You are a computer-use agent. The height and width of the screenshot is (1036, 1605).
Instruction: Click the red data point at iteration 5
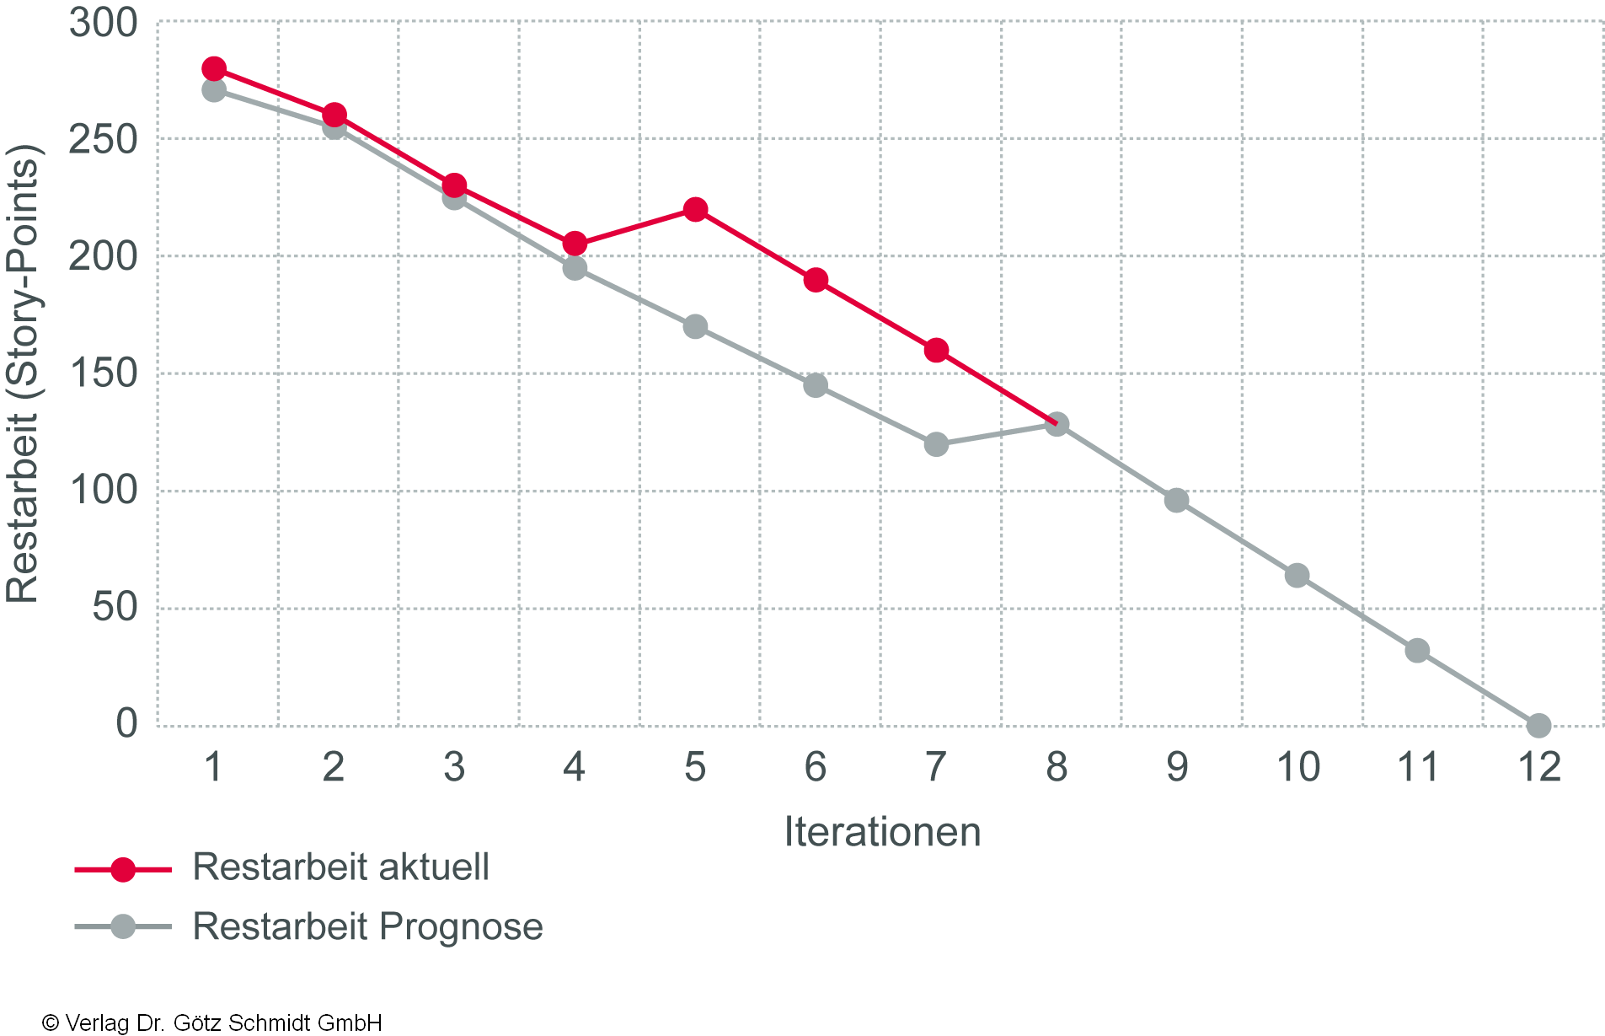click(x=695, y=209)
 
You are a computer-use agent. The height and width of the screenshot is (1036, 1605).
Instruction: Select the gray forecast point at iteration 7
click(x=936, y=443)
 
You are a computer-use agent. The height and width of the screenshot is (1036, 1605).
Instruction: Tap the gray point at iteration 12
click(x=1538, y=725)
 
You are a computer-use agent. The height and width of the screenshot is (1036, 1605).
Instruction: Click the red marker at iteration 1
click(x=214, y=68)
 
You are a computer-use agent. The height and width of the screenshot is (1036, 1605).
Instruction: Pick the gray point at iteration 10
click(x=1297, y=576)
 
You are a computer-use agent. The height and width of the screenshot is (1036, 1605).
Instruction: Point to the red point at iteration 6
click(x=816, y=280)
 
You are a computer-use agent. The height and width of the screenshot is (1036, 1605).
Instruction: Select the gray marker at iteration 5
click(x=695, y=326)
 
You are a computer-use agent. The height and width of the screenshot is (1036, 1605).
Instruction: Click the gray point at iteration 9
click(x=1177, y=501)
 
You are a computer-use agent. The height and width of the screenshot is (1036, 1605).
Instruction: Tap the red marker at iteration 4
click(x=575, y=244)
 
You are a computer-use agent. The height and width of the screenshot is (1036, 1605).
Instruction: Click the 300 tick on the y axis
click(x=103, y=24)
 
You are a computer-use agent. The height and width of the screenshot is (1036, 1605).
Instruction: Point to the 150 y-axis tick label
click(x=103, y=373)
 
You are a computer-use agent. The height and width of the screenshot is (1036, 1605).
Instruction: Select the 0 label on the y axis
click(x=126, y=723)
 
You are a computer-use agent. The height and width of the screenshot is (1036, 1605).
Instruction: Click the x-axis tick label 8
click(x=1057, y=767)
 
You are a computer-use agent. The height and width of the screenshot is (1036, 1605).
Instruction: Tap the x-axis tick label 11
click(x=1418, y=767)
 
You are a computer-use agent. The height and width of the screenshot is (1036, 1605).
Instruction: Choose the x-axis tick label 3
click(x=454, y=767)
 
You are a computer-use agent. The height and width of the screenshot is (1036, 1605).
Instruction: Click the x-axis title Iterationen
click(x=882, y=832)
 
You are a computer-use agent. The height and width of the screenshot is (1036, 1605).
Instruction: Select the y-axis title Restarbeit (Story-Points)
click(x=23, y=373)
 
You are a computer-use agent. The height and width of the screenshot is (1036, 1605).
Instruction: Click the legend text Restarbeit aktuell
click(x=340, y=867)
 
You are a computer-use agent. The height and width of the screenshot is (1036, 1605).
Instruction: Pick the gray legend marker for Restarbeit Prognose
click(x=123, y=926)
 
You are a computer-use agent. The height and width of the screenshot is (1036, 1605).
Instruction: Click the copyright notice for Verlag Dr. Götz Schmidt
click(x=211, y=1023)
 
